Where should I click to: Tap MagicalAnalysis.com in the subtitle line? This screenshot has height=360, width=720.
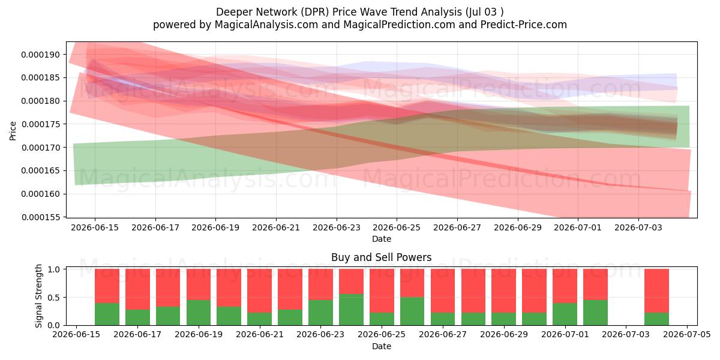[266, 25]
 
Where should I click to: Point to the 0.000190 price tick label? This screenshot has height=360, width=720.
[41, 55]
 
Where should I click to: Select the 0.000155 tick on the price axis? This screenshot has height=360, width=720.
[41, 217]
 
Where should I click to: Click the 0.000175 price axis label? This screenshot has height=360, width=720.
[41, 124]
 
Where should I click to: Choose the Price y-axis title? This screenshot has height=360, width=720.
[13, 131]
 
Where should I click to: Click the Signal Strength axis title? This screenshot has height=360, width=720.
[38, 296]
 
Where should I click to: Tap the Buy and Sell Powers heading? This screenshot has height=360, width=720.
[381, 257]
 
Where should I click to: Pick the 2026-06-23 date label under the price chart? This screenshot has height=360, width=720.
[337, 227]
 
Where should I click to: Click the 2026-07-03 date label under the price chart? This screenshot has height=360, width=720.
[638, 227]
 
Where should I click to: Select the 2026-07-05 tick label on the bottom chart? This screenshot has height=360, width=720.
[687, 334]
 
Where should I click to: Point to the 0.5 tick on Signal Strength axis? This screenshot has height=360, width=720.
[53, 298]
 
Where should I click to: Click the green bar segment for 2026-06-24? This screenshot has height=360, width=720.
[352, 310]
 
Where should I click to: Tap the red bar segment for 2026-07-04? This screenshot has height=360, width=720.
[656, 290]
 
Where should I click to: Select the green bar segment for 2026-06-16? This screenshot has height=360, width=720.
[107, 314]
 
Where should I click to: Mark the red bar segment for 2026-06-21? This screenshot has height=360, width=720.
[259, 290]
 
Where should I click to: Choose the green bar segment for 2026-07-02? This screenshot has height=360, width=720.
[596, 313]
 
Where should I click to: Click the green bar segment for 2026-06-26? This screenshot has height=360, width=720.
[412, 311]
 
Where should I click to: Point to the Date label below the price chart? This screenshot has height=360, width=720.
[382, 239]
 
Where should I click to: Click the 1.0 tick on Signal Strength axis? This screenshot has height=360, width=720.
[53, 269]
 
